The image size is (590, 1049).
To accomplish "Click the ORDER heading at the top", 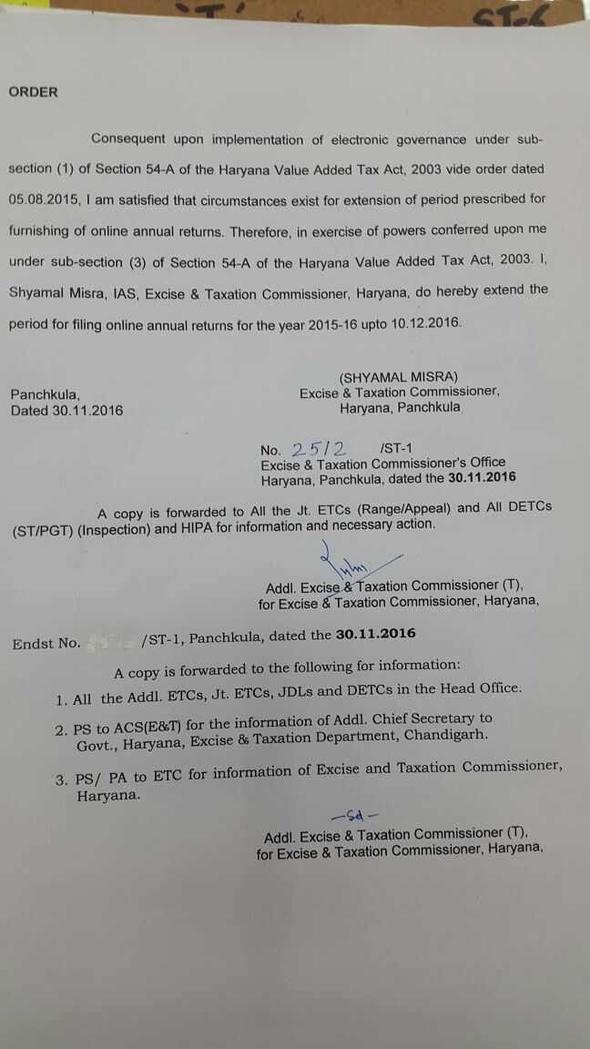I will point(34,92).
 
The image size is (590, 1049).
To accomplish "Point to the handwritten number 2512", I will point(320,449).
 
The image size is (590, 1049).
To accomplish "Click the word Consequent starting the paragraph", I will point(128,139).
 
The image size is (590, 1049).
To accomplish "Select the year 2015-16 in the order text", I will point(303,323).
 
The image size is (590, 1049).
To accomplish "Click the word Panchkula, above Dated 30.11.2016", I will point(46,394).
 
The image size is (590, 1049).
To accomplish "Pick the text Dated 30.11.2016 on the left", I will point(66,410).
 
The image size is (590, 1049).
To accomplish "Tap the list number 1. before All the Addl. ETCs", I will point(61,699).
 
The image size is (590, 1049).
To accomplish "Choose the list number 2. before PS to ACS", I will point(61,730).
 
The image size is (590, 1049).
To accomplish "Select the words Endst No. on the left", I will point(46,643).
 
